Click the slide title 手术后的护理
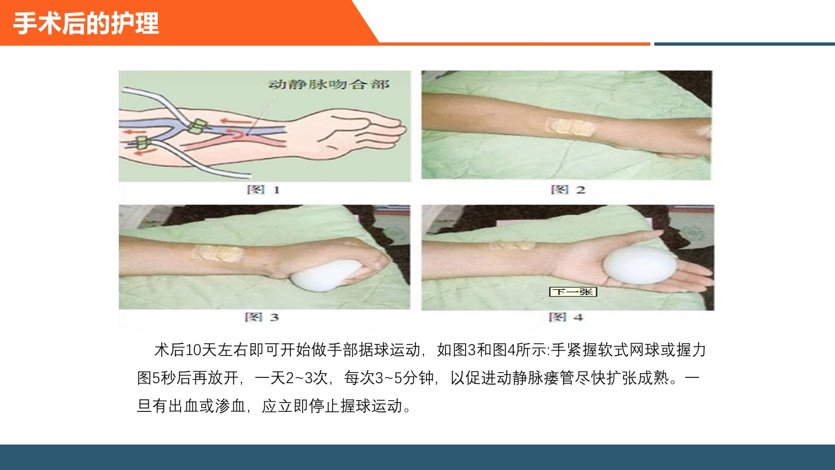coord(86,24)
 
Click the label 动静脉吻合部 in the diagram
coord(329,85)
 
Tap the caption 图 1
coord(264,190)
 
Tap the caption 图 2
coord(568,190)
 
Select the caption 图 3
coord(262,317)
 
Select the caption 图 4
coord(566,317)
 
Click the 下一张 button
coord(573,292)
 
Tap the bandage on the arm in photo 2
coord(569,127)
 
